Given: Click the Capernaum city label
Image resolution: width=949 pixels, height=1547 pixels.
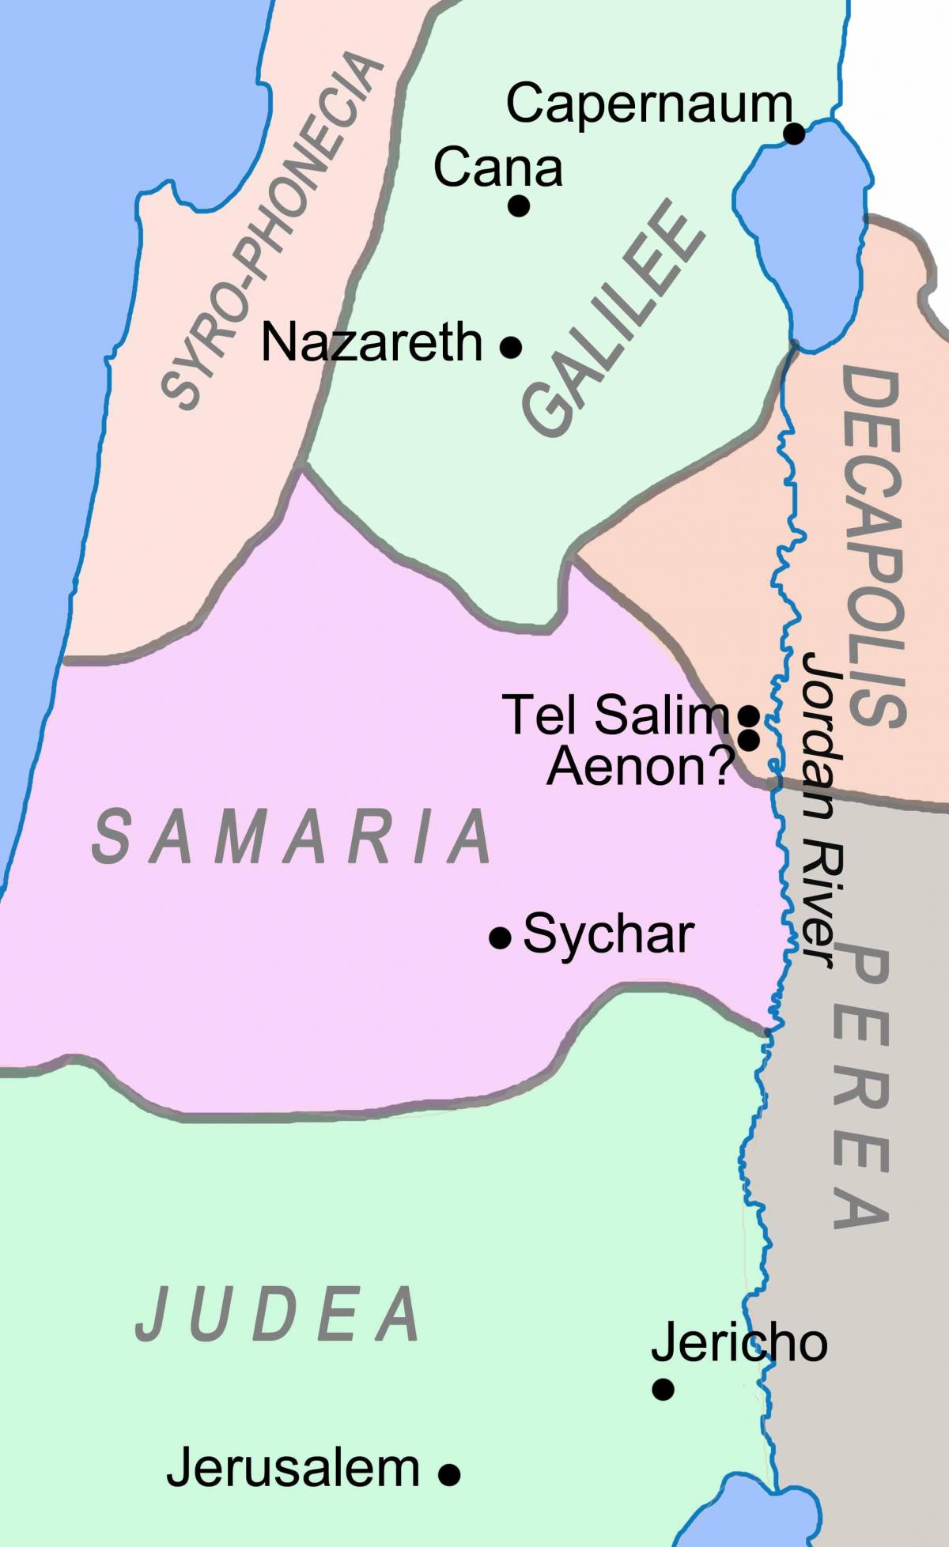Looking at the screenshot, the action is pos(648,105).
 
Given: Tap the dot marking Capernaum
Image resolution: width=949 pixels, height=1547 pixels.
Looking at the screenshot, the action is pos(794,134).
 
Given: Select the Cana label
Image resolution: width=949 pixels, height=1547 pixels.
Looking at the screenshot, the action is pos(498,168).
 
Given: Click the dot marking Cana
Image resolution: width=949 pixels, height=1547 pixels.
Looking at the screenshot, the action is pos(518,206).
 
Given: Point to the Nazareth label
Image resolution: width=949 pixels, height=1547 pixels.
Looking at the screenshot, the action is pos(372,343).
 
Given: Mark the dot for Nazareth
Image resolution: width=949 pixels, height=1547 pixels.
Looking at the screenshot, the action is pos(511,346).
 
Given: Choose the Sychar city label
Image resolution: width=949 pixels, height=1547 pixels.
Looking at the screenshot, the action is pos(608,934).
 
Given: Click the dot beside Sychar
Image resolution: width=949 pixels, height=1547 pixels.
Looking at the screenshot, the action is pos(500,938).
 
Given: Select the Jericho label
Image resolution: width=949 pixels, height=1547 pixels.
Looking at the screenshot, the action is pos(739,1342).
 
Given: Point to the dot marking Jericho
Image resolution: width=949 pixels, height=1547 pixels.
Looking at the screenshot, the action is pos(663,1389).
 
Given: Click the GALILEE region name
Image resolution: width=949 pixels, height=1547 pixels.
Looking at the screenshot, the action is pos(613,320).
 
